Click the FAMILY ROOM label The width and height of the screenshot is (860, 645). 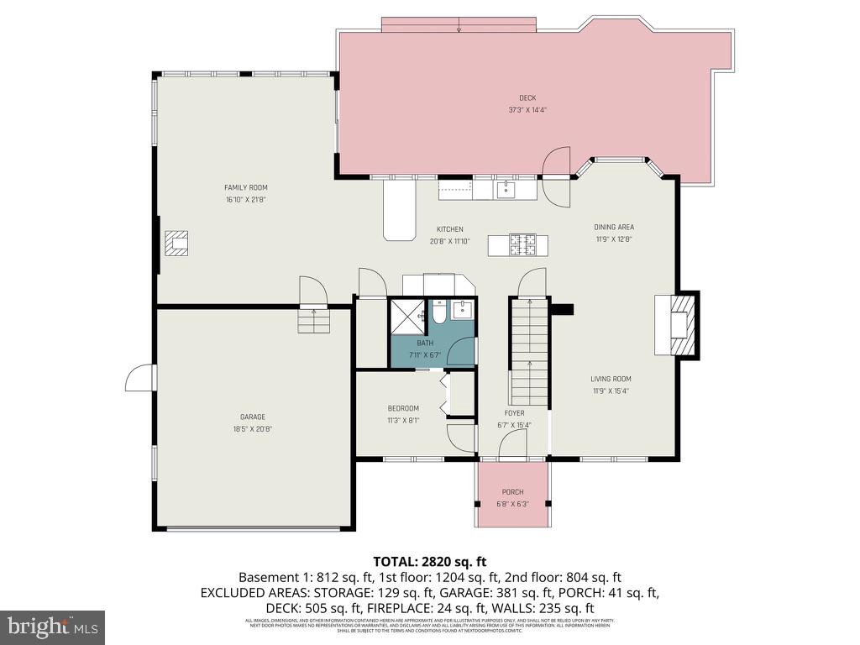245,187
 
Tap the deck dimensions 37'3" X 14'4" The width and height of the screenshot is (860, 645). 527,110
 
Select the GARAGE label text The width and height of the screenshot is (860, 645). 252,417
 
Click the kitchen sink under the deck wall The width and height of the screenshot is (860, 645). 506,190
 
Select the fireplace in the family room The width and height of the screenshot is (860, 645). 176,243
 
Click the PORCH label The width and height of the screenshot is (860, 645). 512,492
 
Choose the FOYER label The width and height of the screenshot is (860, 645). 514,413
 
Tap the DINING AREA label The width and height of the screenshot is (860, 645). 614,227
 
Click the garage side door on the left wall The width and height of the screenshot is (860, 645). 140,377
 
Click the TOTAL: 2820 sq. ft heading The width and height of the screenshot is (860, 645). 429,561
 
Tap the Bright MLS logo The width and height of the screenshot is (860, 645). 52,627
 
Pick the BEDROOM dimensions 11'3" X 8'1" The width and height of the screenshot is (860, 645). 402,420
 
